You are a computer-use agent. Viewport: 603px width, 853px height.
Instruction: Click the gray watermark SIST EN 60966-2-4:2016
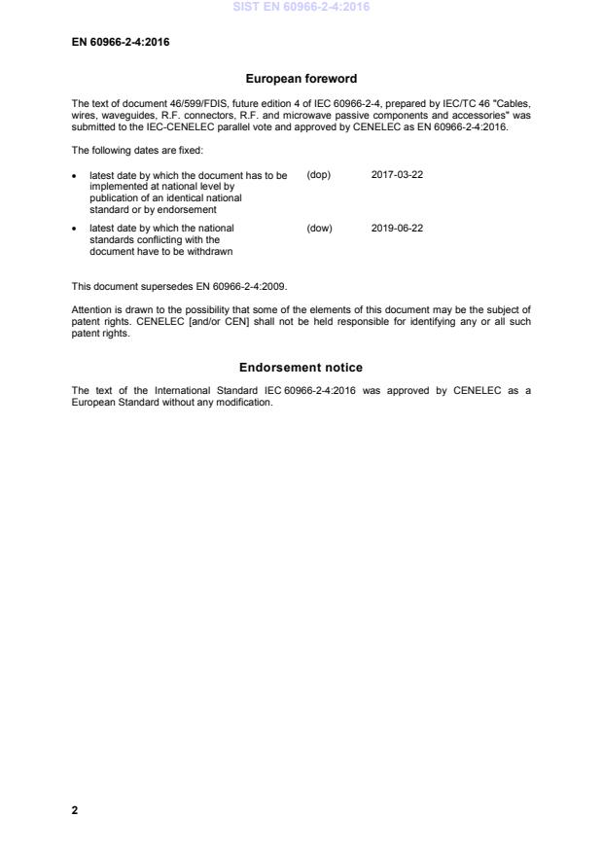[301, 7]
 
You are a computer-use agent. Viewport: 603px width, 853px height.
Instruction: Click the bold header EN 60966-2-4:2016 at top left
[121, 42]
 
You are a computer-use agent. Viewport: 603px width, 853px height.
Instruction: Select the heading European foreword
[301, 79]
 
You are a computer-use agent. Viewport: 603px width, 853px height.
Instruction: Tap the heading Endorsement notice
[301, 368]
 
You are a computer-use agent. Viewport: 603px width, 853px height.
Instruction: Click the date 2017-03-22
[397, 175]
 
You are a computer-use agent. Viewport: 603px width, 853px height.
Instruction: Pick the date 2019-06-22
[397, 229]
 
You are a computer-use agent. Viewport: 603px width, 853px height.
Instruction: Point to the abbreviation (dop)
[318, 175]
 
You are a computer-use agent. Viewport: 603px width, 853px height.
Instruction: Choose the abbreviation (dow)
[319, 229]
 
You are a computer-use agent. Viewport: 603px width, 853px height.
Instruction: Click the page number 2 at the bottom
[75, 809]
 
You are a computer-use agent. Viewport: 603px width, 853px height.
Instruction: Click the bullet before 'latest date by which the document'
[76, 176]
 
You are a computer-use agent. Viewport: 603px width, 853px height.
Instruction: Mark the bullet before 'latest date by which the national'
[76, 230]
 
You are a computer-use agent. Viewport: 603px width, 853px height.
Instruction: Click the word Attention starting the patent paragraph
[92, 311]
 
